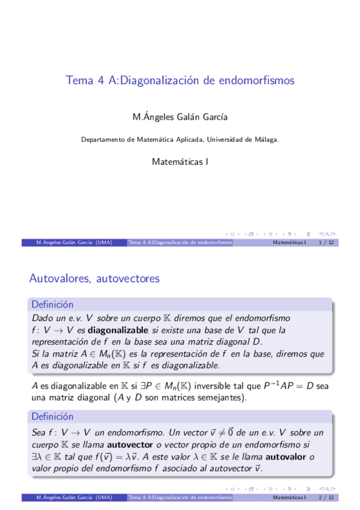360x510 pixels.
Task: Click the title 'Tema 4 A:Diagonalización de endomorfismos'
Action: click(180, 80)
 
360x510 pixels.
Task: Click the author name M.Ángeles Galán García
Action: click(180, 117)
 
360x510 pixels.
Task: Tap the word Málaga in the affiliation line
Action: click(264, 140)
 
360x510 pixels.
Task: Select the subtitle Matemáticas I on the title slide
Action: click(180, 162)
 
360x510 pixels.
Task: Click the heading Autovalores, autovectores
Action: click(94, 278)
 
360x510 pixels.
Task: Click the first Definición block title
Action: click(52, 305)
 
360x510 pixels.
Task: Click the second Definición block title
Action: click(52, 416)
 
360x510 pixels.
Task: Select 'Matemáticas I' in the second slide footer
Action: click(289, 498)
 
